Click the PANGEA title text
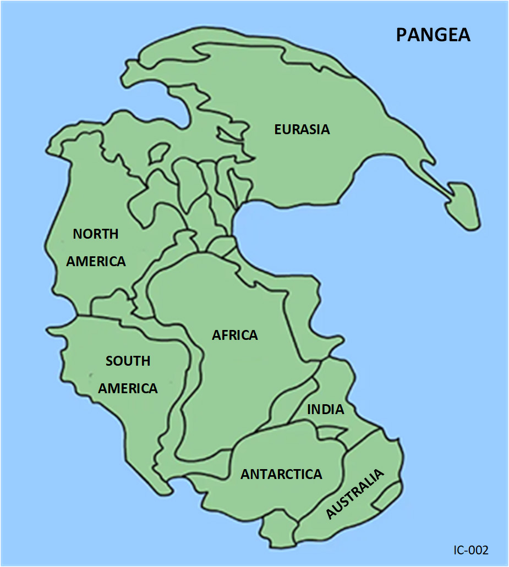[433, 35]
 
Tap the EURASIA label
[302, 130]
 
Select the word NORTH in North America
[96, 234]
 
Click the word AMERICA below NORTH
[96, 261]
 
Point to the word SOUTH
[128, 361]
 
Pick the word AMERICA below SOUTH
[128, 388]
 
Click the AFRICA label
[235, 335]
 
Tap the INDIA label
[326, 410]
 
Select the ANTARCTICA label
[281, 474]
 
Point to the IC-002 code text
[471, 550]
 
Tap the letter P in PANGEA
[402, 35]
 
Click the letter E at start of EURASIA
[278, 130]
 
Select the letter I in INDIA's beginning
[309, 410]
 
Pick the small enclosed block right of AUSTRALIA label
[388, 494]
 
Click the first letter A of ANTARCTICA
[245, 474]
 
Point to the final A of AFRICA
[253, 335]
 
